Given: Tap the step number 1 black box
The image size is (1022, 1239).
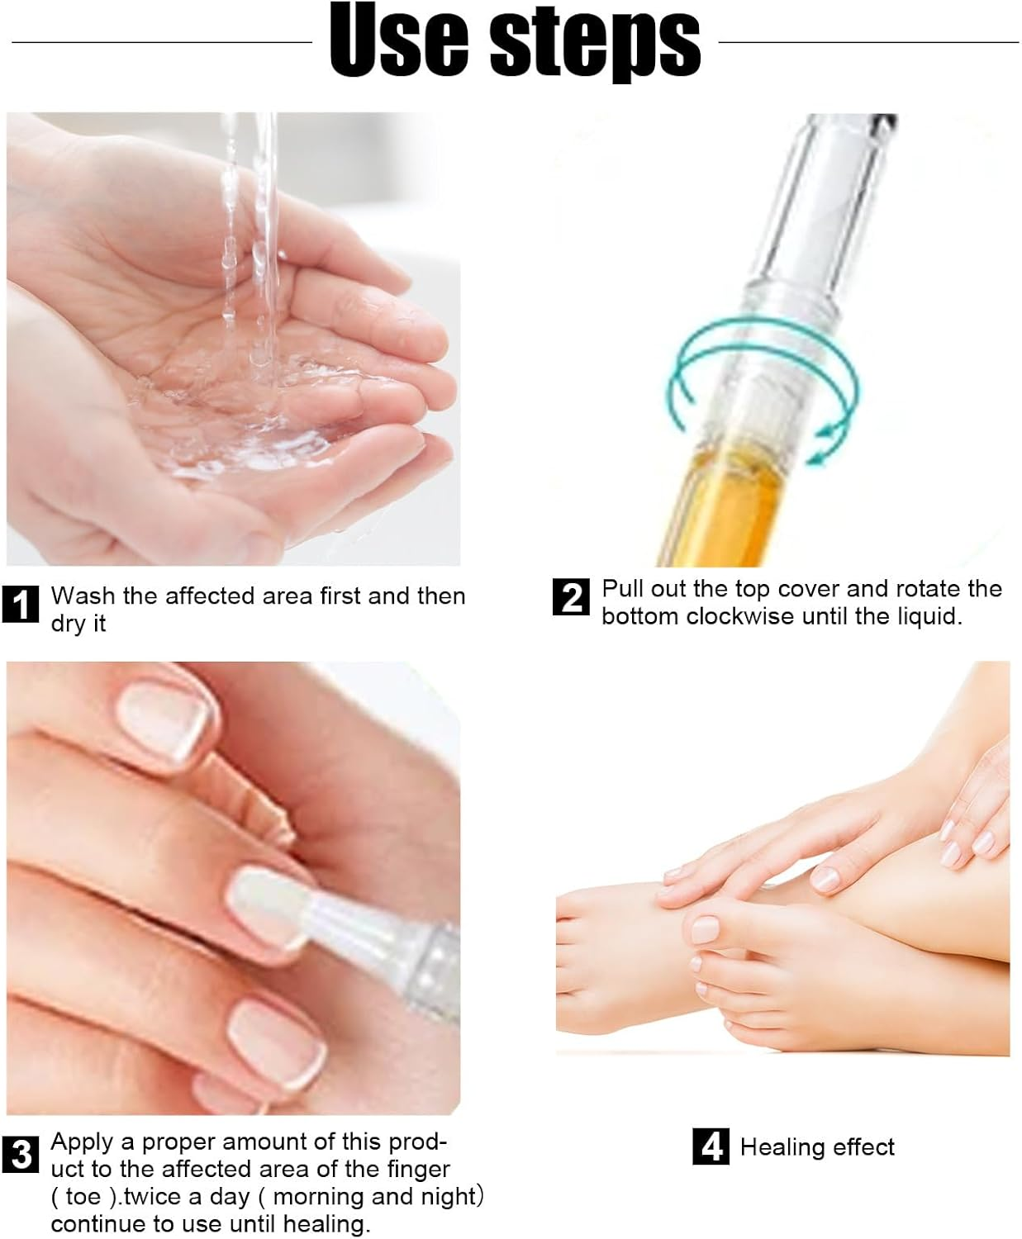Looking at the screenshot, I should pos(20,605).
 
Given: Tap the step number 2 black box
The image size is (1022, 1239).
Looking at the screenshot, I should pos(571,597).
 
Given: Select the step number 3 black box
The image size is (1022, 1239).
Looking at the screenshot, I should pos(20,1154).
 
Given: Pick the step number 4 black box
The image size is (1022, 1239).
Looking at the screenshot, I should pos(711,1146).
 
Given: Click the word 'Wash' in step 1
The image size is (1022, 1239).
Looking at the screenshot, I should pos(83,596).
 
